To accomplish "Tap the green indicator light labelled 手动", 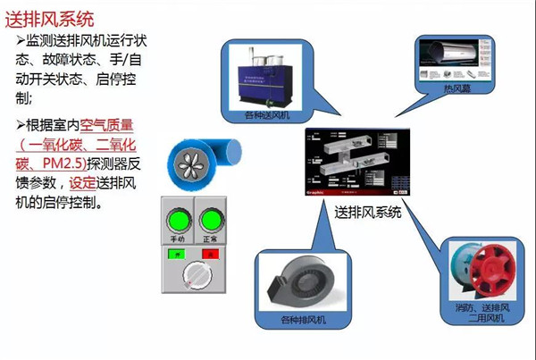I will tap(177, 221).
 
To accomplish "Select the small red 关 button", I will tap(212, 254).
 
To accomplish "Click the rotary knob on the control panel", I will tap(194, 280).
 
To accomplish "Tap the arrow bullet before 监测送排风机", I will tap(21, 42).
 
